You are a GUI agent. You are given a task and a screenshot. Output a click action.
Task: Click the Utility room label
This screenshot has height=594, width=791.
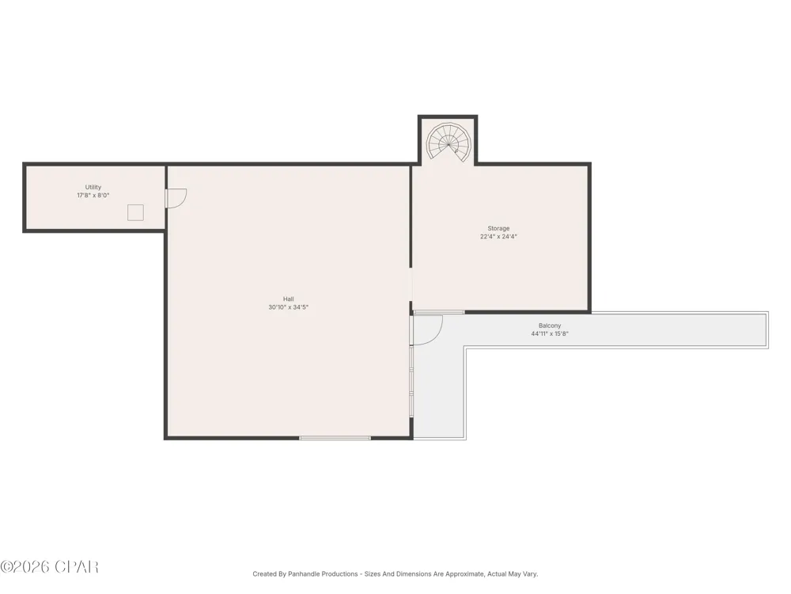coord(93,187)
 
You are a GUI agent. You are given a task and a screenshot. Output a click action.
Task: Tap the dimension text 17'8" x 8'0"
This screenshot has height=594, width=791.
coord(93,195)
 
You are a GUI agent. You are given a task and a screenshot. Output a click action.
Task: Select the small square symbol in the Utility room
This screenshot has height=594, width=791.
coord(135,212)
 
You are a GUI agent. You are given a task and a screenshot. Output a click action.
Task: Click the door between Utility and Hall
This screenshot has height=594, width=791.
coord(176,198)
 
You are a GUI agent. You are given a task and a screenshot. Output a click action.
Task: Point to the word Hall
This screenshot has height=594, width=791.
coord(288,299)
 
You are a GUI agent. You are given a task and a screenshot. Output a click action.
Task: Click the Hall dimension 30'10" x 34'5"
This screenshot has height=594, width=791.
coord(288,307)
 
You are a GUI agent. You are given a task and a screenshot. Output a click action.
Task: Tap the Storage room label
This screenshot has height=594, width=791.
coord(498,228)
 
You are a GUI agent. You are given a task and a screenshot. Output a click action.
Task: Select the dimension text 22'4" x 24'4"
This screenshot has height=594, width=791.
coord(498,236)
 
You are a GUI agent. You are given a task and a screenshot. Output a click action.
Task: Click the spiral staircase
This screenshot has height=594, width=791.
coord(448,142)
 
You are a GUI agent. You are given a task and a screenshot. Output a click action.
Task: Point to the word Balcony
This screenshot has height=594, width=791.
coord(550,326)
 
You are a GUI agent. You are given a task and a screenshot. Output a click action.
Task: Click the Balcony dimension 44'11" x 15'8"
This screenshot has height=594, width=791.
coord(550,334)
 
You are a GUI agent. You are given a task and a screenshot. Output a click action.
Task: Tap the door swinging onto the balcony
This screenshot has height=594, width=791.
coord(427,329)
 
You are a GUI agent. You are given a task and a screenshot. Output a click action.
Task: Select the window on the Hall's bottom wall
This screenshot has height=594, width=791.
coord(335,438)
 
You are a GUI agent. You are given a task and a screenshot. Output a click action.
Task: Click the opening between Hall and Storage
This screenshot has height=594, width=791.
coord(411,284)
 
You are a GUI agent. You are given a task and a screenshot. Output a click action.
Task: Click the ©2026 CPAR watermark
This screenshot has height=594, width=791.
coord(49,567)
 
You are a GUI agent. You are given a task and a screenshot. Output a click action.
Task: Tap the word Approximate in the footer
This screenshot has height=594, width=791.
coord(466,573)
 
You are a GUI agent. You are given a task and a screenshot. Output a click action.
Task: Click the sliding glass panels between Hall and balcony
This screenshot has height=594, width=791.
coord(411,382)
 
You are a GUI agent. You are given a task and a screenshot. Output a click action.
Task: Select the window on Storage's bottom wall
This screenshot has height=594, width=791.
coord(439,312)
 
